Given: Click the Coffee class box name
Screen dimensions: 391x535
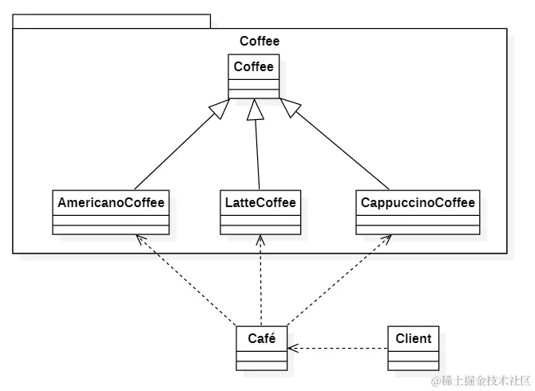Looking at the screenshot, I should (254, 67).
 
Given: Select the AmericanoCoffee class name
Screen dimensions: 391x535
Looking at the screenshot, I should (111, 203).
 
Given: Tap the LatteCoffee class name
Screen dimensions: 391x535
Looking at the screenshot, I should (260, 203).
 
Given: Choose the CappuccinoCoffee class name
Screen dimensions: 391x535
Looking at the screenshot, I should (418, 203).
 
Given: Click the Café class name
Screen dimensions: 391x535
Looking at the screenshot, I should (261, 339).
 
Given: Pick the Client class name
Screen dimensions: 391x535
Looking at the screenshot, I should (413, 339).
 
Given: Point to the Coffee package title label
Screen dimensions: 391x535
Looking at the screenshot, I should (260, 41).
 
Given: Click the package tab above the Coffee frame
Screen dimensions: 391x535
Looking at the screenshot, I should (111, 21).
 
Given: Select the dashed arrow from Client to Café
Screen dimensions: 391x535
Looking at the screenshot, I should (339, 349).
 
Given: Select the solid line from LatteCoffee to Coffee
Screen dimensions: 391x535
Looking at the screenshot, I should (257, 152).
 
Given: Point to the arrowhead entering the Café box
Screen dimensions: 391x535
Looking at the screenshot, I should (292, 349).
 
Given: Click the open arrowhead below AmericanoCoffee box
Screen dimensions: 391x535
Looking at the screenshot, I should (140, 239).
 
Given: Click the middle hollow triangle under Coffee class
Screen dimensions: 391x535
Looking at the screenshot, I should (255, 110).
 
